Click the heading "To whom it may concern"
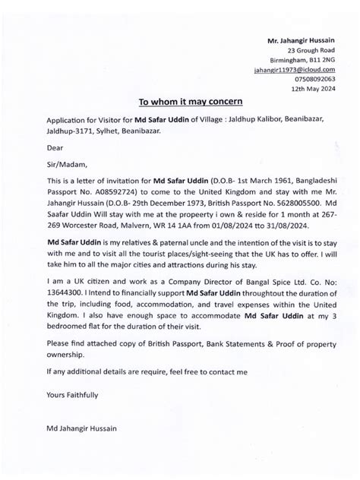point(179,100)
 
